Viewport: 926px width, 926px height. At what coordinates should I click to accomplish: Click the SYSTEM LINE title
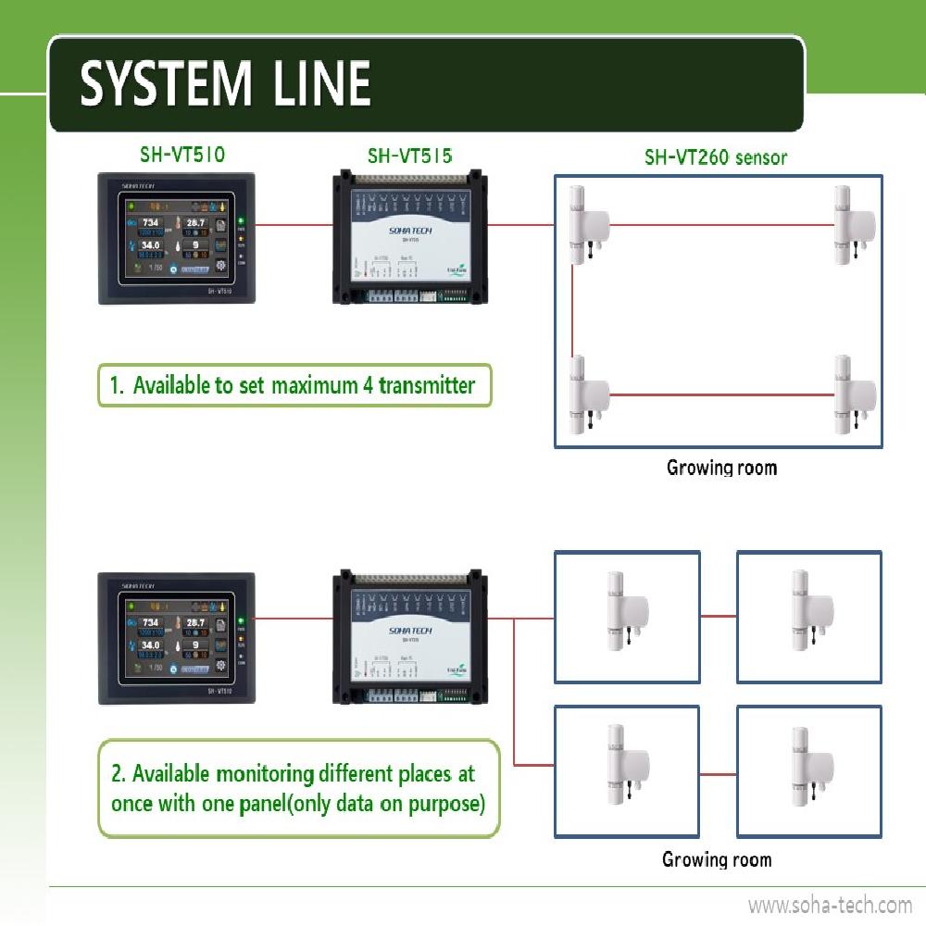click(225, 84)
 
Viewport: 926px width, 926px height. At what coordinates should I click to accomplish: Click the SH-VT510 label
click(181, 155)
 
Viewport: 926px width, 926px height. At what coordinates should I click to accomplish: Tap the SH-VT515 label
click(410, 156)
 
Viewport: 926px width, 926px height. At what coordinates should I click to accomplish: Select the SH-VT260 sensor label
click(716, 157)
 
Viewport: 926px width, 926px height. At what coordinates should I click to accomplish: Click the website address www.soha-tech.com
click(830, 905)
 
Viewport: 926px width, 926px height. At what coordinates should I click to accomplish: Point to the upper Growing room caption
click(721, 468)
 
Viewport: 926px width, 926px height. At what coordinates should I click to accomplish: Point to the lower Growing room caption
click(717, 859)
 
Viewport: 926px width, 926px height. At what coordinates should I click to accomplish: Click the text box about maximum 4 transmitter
click(294, 385)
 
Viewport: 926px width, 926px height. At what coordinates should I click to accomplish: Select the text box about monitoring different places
click(298, 788)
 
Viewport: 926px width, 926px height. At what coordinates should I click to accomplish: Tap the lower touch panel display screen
click(176, 634)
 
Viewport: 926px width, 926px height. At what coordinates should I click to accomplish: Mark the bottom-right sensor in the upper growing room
click(851, 394)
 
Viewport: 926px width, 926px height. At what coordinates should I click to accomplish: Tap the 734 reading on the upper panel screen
click(150, 222)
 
